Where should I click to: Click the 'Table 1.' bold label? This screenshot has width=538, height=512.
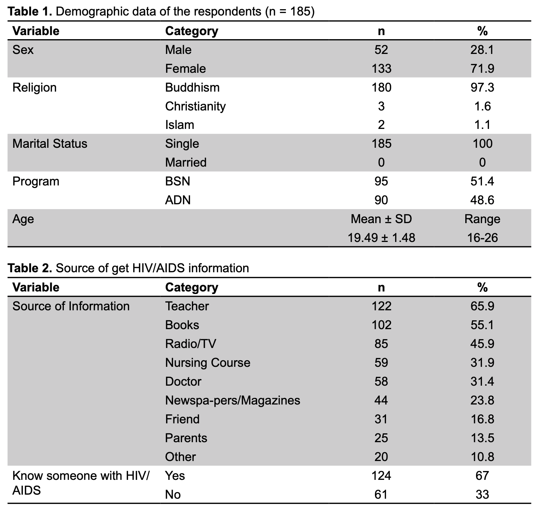click(30, 11)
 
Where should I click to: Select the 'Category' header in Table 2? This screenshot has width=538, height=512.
click(192, 288)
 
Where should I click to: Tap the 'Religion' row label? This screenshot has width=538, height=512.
click(34, 88)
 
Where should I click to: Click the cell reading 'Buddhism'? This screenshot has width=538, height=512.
click(192, 88)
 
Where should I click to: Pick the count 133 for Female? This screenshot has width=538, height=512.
click(381, 68)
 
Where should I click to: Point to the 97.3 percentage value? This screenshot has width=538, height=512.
click(482, 88)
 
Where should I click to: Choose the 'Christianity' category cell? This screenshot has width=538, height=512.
click(196, 106)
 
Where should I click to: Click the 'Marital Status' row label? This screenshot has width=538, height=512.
click(50, 144)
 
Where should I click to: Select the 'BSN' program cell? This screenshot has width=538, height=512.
click(177, 181)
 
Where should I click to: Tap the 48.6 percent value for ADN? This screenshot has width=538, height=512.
click(482, 200)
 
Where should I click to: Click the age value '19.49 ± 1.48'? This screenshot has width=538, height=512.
click(381, 238)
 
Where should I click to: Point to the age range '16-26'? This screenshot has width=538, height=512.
click(482, 238)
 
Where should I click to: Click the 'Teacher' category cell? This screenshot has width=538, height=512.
click(187, 306)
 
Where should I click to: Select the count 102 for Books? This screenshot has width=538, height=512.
click(381, 325)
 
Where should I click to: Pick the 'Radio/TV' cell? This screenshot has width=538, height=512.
click(190, 344)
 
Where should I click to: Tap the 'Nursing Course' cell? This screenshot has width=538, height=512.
click(208, 363)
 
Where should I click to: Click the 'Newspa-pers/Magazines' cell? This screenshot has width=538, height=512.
click(232, 400)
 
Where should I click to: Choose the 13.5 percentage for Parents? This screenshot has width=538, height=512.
click(482, 438)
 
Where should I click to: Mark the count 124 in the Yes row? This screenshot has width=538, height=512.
click(381, 476)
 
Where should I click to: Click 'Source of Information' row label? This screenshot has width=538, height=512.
click(71, 306)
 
